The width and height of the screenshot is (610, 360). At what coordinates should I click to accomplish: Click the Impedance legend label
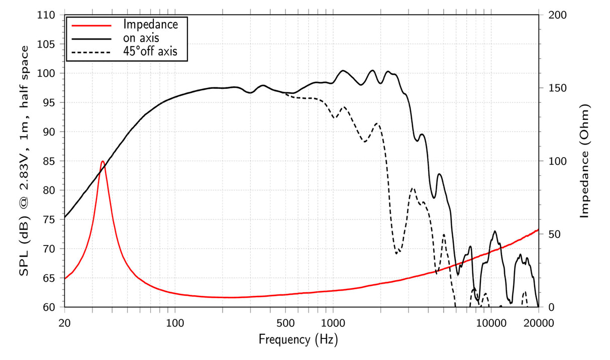pos(150,24)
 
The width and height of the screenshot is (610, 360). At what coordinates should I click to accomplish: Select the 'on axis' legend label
pos(141,37)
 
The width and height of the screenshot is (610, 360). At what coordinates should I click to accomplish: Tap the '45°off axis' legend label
pos(150,51)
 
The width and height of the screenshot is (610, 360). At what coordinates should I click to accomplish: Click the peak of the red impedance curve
pos(103,161)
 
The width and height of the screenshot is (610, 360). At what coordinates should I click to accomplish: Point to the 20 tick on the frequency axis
pos(65,323)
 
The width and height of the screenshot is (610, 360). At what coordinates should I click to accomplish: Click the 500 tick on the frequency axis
pos(285,323)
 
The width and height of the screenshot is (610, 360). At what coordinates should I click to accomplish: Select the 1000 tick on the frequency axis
pos(333,323)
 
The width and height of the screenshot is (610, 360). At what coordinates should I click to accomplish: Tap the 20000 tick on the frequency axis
pos(538,323)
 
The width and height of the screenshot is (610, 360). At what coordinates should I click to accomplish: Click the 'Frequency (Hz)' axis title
pos(298,340)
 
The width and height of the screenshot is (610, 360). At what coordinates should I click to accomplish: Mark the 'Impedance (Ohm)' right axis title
pos(584,161)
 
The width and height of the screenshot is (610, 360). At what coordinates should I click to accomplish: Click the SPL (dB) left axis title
pos(24,161)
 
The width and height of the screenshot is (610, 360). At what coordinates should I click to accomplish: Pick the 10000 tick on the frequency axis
pos(490,323)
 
